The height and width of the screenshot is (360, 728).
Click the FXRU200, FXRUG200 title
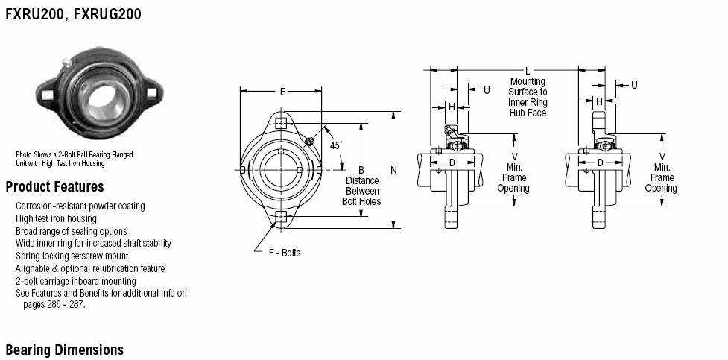click(73, 14)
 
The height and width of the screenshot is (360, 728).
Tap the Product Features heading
click(55, 187)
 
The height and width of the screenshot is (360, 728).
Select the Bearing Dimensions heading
click(65, 350)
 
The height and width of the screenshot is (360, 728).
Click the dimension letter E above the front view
click(282, 92)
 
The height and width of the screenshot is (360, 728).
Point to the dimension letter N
click(393, 171)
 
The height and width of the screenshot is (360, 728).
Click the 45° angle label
click(335, 145)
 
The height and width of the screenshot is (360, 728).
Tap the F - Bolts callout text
click(285, 253)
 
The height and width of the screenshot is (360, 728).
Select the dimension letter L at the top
click(528, 71)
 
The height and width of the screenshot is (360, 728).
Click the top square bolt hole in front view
click(280, 123)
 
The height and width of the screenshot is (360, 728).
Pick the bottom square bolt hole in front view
click(280, 216)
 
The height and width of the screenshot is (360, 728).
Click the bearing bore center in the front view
click(280, 170)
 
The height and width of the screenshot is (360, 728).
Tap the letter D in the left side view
click(452, 162)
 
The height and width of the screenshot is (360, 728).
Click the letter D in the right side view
click(600, 162)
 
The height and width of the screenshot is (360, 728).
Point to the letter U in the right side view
click(634, 85)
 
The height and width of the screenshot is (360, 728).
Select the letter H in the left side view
click(452, 107)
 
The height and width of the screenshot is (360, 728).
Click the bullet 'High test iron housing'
click(56, 219)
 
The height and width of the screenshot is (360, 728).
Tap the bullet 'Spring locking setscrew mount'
click(72, 256)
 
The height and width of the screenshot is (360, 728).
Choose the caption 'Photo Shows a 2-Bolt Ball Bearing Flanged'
click(75, 155)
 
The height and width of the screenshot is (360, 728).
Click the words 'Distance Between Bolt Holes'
click(361, 191)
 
